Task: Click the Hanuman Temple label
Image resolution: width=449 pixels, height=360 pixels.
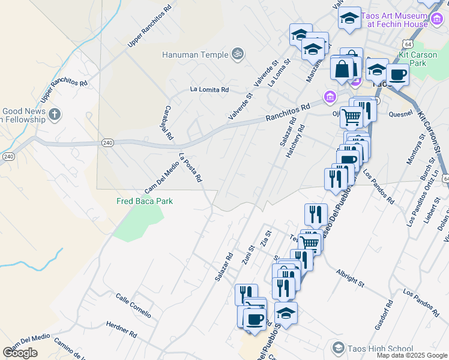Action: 195,55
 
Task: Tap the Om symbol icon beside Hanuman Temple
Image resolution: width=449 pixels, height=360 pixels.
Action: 237,54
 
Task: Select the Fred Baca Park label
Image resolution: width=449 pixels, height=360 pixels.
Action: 145,201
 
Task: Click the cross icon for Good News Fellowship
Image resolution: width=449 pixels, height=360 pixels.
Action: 54,114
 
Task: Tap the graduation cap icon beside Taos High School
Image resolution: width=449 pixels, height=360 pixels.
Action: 338,349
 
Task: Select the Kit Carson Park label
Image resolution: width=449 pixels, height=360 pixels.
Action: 421,58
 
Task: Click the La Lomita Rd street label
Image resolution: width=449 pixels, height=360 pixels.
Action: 209,89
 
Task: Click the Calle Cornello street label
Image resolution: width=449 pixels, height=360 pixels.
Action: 133,306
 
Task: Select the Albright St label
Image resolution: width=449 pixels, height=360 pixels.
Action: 351,277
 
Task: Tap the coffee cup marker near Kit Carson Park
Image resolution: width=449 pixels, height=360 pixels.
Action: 397,75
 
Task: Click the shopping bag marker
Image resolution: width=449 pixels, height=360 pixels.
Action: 342,68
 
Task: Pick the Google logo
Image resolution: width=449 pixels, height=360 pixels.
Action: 20,353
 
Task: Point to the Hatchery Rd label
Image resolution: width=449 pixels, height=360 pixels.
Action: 296,141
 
